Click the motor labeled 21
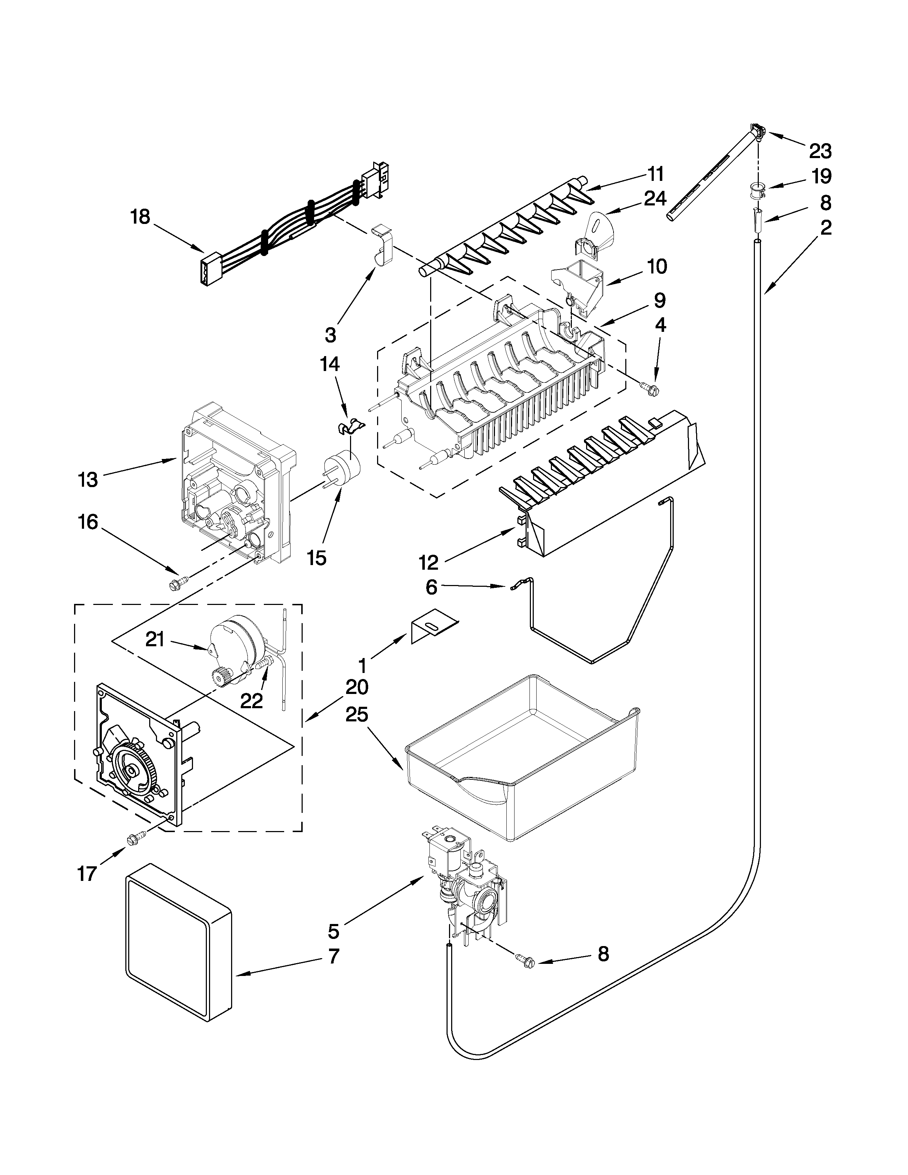click(x=235, y=640)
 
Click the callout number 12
click(x=429, y=563)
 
